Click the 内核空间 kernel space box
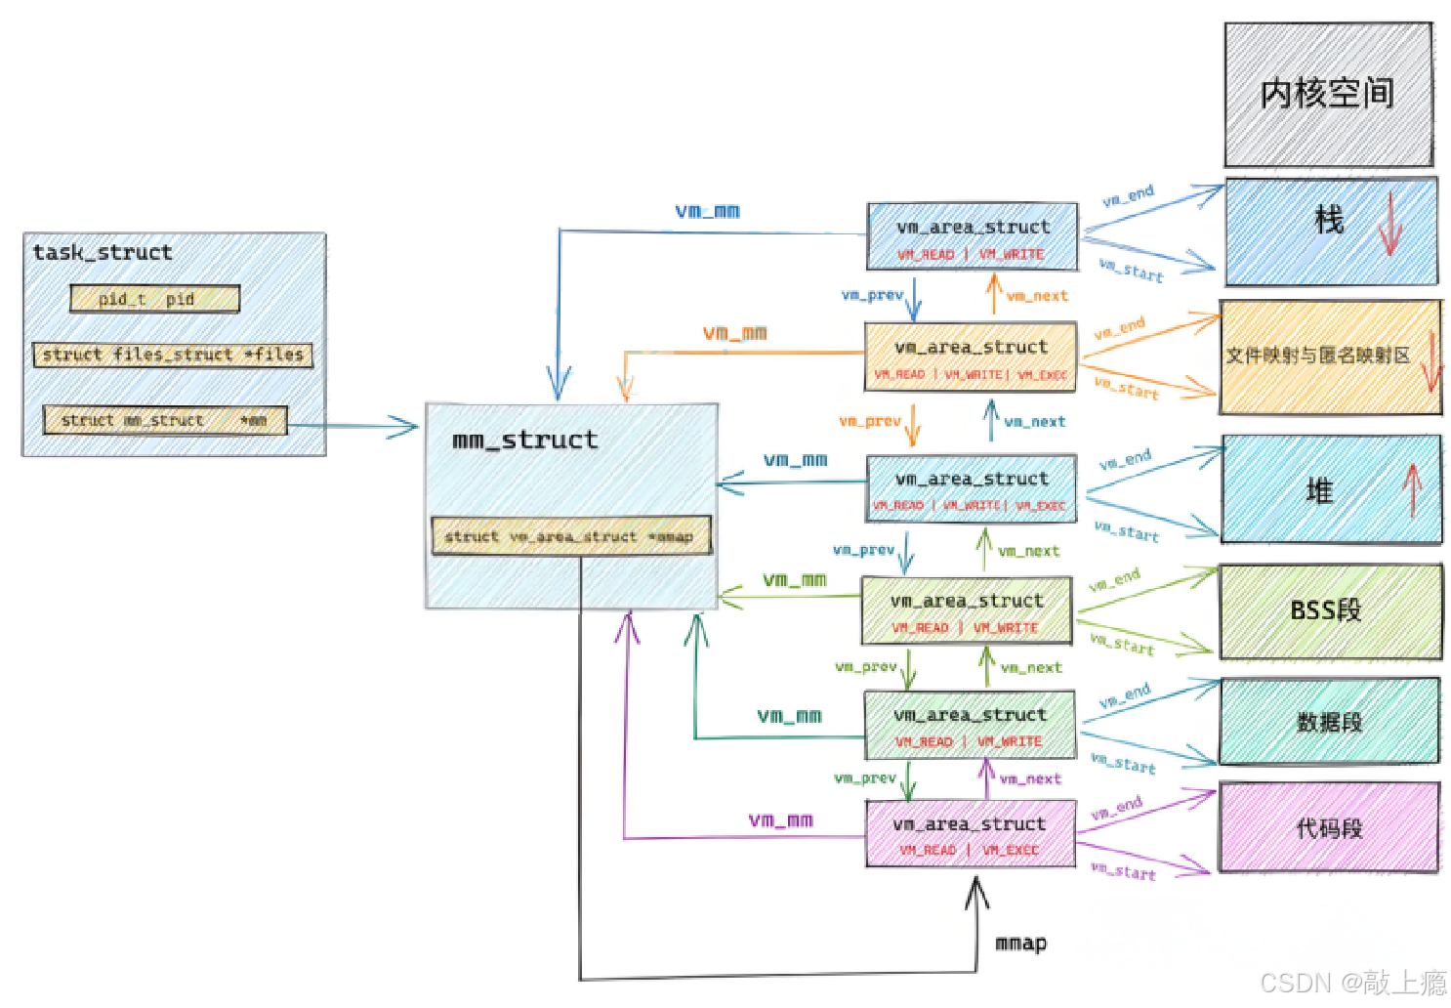coord(1328,94)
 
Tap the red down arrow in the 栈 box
coord(1389,226)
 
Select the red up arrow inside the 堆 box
coord(1411,489)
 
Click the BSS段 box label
coord(1325,610)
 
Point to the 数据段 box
coord(1329,722)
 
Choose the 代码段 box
coord(1329,828)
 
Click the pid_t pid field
coord(154,299)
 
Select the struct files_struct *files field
coord(173,355)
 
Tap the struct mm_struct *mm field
coord(164,420)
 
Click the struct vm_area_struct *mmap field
coord(570,536)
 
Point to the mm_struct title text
coord(525,441)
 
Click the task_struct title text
coord(103,252)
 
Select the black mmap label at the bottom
coord(1020,943)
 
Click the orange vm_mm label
coord(734,333)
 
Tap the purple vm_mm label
coord(780,819)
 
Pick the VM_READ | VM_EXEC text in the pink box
coord(970,850)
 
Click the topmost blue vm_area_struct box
coord(973,236)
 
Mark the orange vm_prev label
coord(869,421)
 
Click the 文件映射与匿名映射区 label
coord(1318,356)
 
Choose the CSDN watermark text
coord(1352,982)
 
